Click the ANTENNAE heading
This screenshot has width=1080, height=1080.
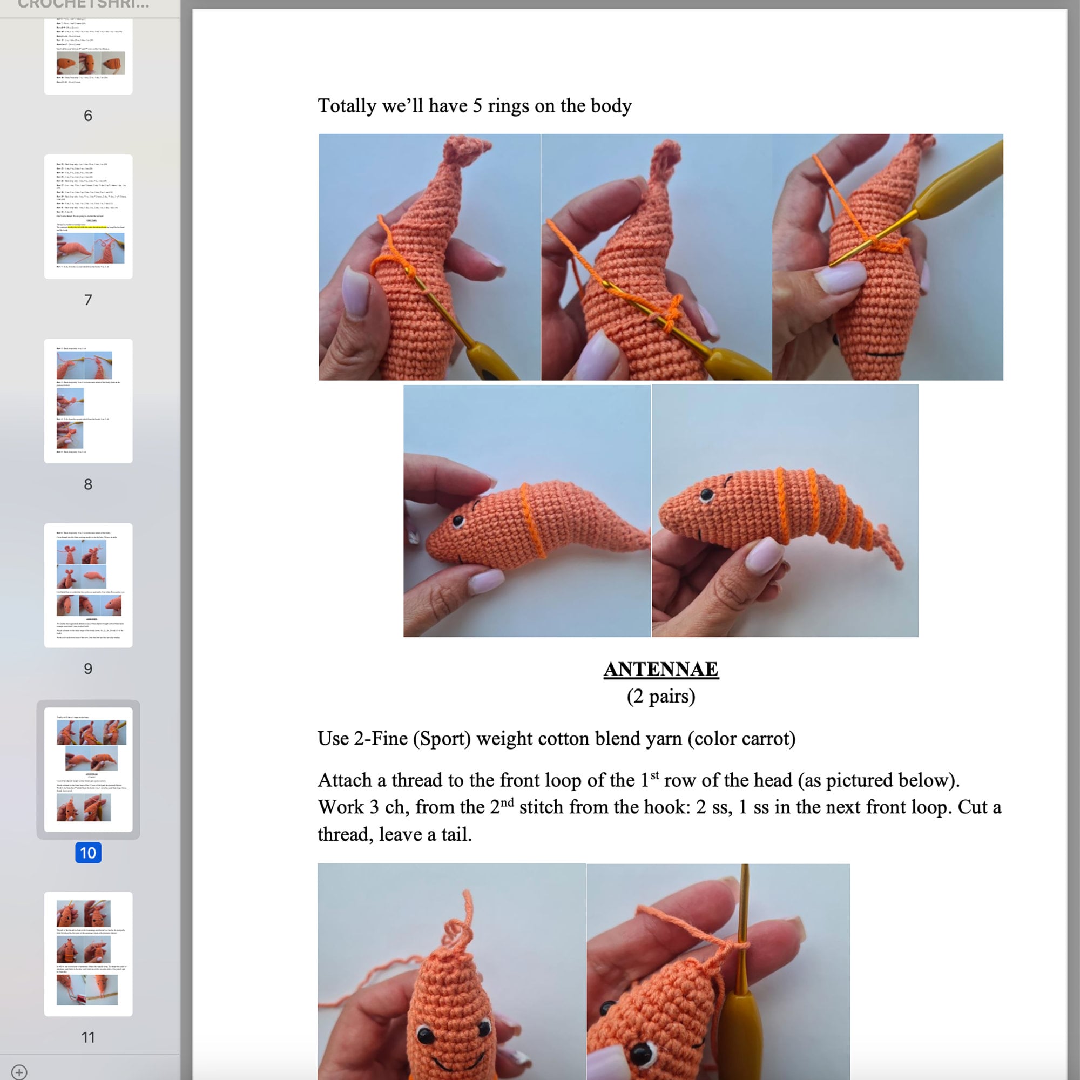tap(661, 669)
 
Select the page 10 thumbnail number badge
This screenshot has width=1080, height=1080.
tap(89, 853)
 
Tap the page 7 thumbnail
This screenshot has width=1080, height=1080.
tap(89, 217)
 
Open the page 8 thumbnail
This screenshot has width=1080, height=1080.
tap(89, 401)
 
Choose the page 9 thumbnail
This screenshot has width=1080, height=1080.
tap(89, 585)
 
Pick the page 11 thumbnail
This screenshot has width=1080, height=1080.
tap(89, 954)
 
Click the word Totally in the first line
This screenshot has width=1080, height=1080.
tap(347, 106)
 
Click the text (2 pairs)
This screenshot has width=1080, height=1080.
tap(661, 697)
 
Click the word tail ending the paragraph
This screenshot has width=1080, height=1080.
tap(456, 835)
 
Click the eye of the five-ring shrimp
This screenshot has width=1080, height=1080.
tap(706, 495)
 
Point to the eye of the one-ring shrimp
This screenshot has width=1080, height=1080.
tap(458, 522)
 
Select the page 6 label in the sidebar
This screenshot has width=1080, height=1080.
tap(89, 116)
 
